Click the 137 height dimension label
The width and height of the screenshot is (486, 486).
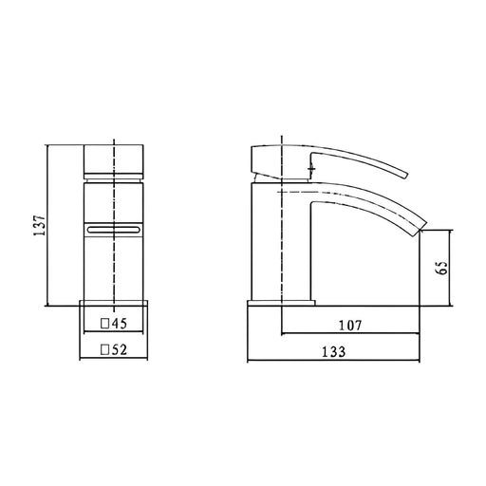click(40, 226)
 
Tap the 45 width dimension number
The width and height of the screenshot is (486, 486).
click(119, 324)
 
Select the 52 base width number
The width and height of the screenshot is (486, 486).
click(119, 349)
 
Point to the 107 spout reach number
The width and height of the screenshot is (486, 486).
click(350, 326)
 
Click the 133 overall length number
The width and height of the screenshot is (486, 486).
click(334, 352)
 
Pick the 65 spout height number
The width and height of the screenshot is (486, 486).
click(441, 268)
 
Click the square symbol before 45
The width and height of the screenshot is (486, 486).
click(104, 324)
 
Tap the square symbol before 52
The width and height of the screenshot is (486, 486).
click(104, 349)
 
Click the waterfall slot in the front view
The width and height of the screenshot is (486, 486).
click(113, 230)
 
